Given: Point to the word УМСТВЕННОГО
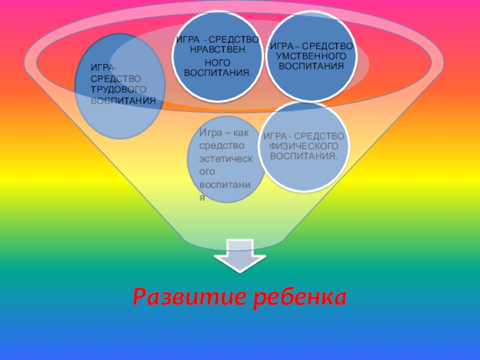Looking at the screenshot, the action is [310, 55].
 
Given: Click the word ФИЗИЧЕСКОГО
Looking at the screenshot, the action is [303, 146].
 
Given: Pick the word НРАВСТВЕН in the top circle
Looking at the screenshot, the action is [217, 49].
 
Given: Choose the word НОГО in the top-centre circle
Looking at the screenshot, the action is [217, 62].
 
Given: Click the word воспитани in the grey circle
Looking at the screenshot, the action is [229, 184].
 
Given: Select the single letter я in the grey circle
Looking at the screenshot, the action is [203, 197].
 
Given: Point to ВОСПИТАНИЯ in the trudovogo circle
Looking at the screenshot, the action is [122, 100].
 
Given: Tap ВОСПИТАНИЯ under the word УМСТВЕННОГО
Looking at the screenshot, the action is [310, 65].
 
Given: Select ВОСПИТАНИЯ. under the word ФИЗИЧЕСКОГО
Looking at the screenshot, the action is [304, 156].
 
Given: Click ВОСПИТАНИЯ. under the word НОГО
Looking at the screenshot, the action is [217, 73].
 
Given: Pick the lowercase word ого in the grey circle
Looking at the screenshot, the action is [208, 171].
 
